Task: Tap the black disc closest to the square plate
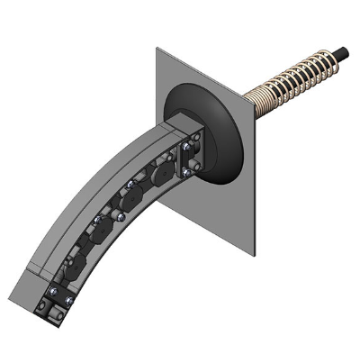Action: (164, 170)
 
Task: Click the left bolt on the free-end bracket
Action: (47, 305)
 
